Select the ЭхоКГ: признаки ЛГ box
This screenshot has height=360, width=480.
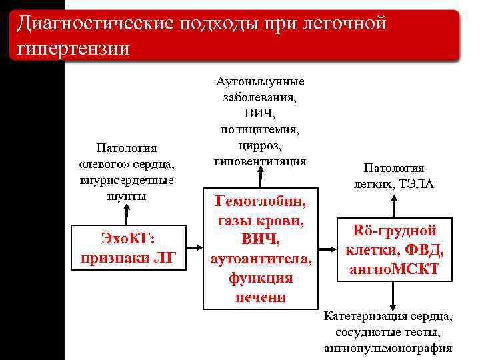click(x=127, y=248)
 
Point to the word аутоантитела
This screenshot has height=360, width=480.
click(x=261, y=259)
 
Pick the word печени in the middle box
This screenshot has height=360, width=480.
click(x=261, y=297)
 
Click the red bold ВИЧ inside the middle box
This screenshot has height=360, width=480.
click(x=261, y=239)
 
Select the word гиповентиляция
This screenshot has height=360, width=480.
click(x=260, y=161)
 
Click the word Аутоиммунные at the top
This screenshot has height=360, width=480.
click(x=260, y=81)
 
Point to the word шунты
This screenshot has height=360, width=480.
click(x=126, y=196)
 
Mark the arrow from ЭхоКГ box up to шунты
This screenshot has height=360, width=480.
click(x=126, y=214)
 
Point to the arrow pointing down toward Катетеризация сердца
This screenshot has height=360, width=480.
click(x=394, y=295)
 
